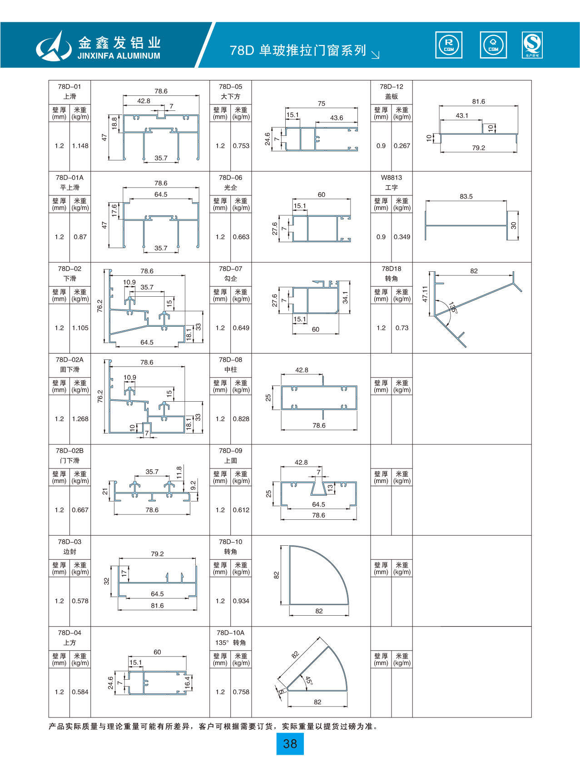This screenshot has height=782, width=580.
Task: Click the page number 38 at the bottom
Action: pos(290,744)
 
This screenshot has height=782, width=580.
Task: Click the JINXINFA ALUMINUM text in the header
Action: pos(119,56)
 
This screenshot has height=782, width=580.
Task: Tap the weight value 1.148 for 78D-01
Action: pos(80,146)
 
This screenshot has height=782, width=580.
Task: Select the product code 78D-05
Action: pos(231,86)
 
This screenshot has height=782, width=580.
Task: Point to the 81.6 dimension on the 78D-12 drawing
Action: pos(478,101)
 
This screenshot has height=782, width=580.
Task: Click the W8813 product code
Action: pos(392,178)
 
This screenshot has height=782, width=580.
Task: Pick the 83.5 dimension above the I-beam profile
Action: pos(466,196)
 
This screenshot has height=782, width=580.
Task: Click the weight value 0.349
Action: pos(402,237)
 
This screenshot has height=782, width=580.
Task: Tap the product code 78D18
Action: pos(392,269)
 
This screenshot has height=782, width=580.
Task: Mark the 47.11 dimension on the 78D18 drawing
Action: pos(425,294)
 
